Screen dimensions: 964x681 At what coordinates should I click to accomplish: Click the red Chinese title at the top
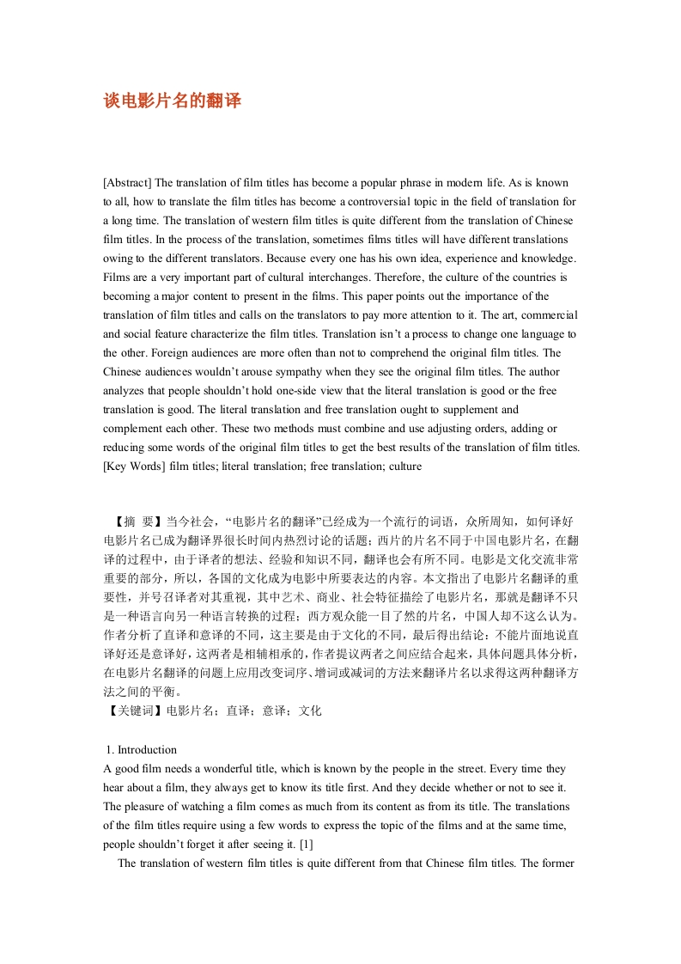click(173, 101)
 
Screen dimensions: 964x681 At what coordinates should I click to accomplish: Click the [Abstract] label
click(127, 183)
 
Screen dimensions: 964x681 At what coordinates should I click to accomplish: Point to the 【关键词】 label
click(133, 711)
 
